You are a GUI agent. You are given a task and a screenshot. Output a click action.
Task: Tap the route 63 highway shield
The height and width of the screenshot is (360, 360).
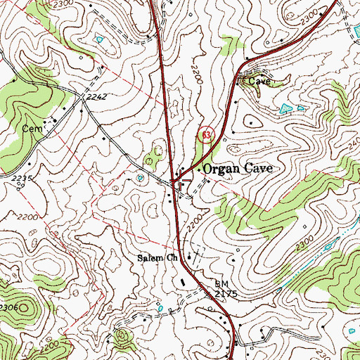[206, 134]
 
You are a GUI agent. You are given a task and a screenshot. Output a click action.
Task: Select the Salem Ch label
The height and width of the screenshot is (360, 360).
[157, 257]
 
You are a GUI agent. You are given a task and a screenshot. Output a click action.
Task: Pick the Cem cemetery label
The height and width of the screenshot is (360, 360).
[32, 129]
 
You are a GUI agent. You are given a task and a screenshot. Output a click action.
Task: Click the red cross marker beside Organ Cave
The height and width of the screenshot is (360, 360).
[179, 181]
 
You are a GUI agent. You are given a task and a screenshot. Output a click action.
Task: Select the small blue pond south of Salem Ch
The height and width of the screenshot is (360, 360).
[162, 307]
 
